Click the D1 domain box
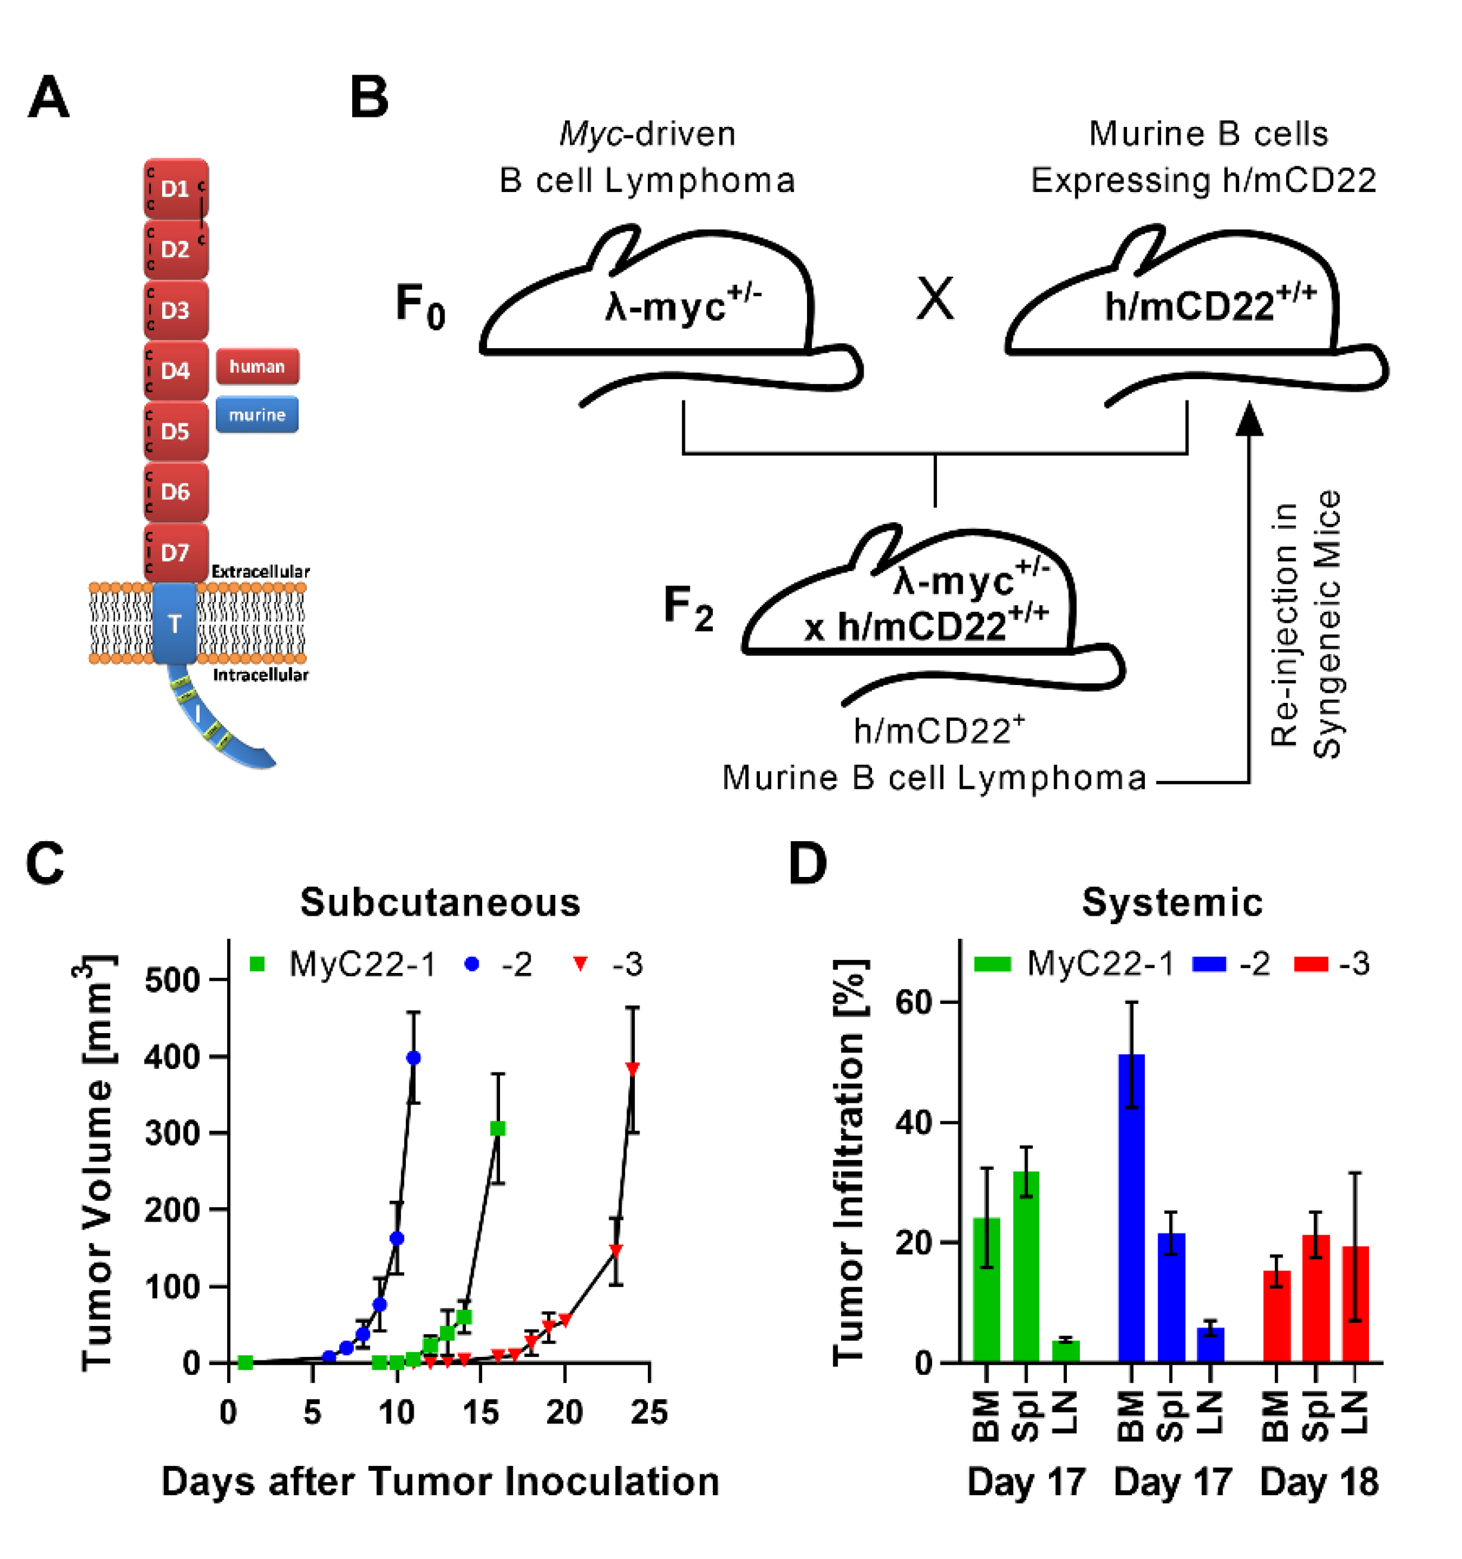click(x=176, y=189)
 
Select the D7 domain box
click(x=176, y=553)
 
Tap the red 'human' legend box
click(x=257, y=366)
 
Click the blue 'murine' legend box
click(x=257, y=415)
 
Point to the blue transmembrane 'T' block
click(x=175, y=624)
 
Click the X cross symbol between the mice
click(x=935, y=300)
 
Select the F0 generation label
click(x=420, y=306)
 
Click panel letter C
click(x=45, y=864)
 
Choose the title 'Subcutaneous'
click(x=440, y=903)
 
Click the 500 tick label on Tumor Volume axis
click(x=172, y=980)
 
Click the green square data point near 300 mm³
click(x=497, y=1129)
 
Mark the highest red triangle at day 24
click(x=632, y=1068)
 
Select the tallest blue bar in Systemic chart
click(x=1131, y=1208)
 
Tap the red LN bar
click(x=1355, y=1303)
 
